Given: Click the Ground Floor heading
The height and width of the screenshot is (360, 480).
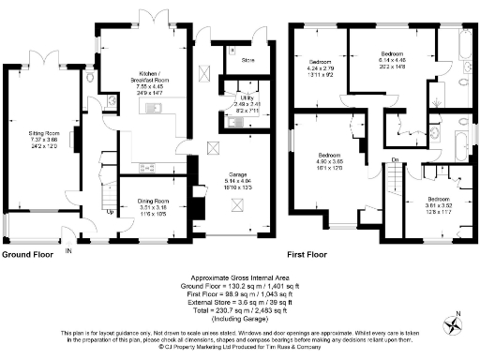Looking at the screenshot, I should click(x=26, y=255).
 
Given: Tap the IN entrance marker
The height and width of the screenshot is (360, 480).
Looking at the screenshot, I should click(x=68, y=250).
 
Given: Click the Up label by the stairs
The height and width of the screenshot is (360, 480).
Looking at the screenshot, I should click(x=110, y=212).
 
